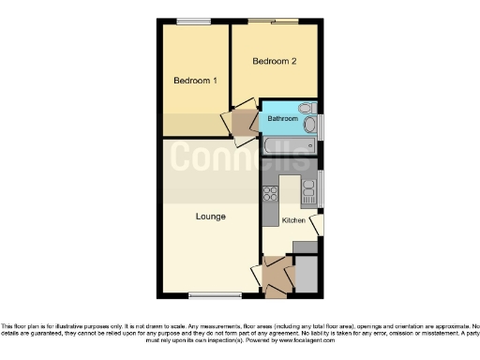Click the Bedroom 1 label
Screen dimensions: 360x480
195,81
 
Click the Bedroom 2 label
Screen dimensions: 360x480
275,62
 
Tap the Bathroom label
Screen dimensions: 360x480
282,119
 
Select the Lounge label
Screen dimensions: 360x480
210,217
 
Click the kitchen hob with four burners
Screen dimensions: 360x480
271,194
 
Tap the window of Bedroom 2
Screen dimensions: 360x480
275,21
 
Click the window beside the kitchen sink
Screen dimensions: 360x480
322,188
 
